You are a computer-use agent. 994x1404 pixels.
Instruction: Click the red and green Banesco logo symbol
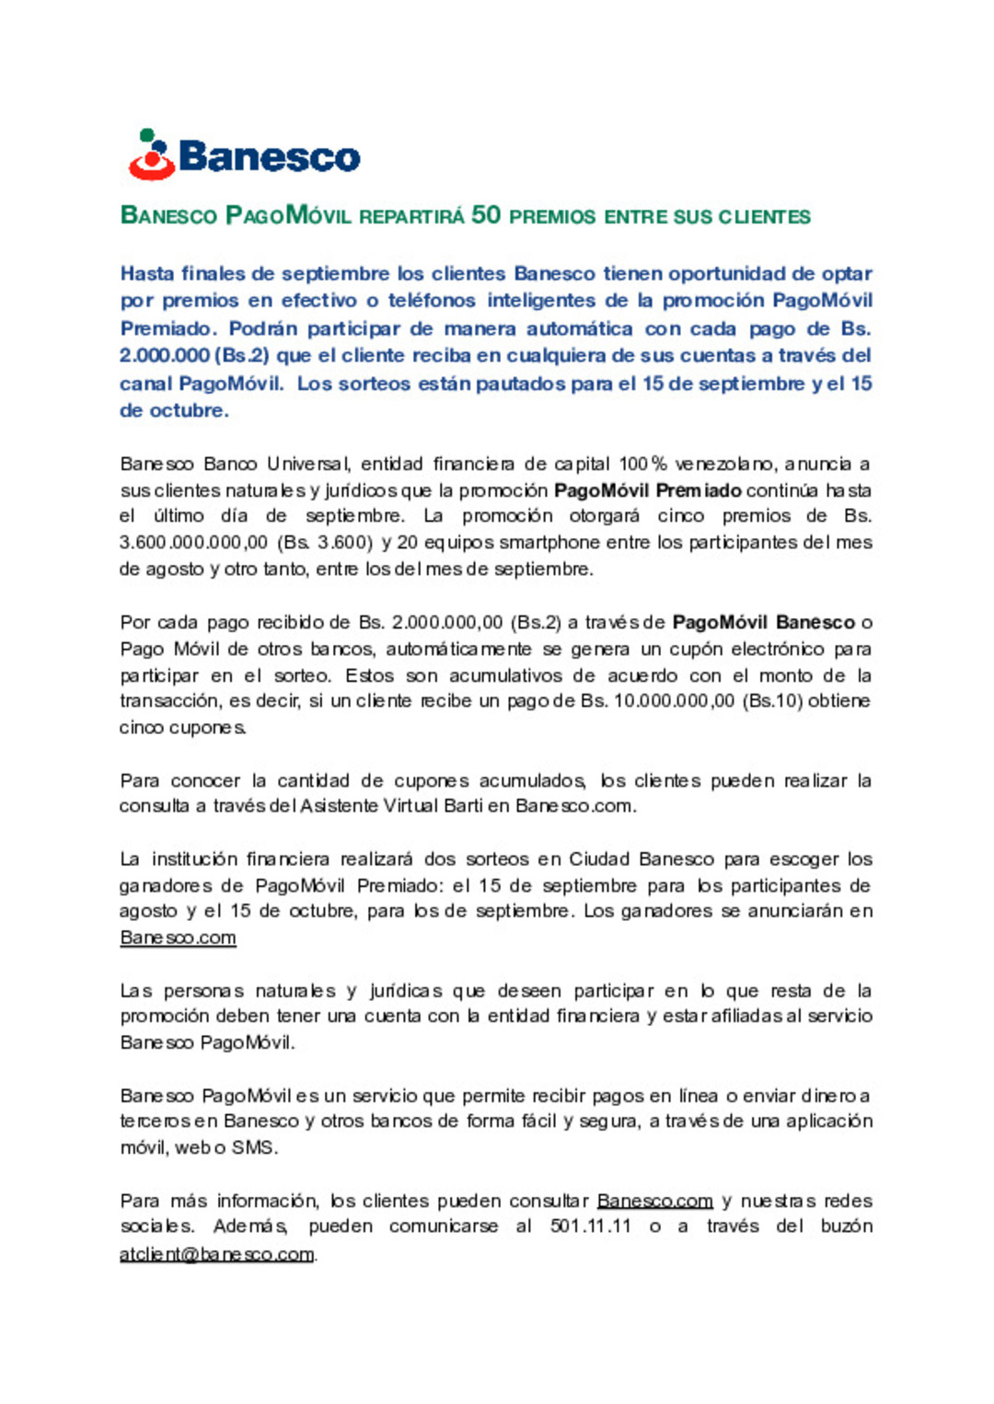[152, 155]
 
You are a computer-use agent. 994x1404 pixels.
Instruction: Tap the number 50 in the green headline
[486, 215]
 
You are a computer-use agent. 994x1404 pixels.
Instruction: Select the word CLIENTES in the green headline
[764, 217]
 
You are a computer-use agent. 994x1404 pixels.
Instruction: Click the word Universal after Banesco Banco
[308, 464]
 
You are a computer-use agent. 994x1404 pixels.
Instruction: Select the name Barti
[463, 806]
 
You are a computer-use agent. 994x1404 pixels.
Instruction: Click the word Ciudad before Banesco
[599, 859]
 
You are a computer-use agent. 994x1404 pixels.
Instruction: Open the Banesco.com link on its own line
[178, 938]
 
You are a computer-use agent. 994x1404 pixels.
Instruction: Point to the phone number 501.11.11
[591, 1226]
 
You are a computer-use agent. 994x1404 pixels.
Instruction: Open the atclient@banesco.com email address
[217, 1254]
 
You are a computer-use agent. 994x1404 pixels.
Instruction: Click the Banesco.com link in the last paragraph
[654, 1201]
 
